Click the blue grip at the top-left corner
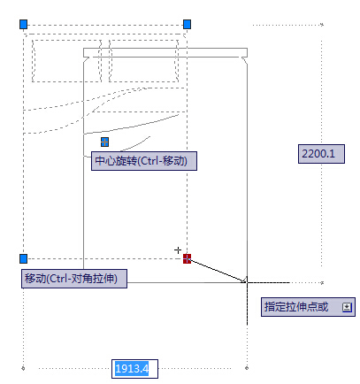point(24,25)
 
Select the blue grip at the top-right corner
point(187,25)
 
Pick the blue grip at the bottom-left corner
point(24,258)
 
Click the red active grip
point(187,258)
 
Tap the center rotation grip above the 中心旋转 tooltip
point(104,142)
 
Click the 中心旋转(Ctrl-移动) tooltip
point(145,161)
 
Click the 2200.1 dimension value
point(318,154)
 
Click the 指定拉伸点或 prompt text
point(296,307)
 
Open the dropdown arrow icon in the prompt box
point(347,307)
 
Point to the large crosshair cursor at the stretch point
point(247,281)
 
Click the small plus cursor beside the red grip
point(179,250)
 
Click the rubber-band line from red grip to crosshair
point(217,270)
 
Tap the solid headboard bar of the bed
point(164,53)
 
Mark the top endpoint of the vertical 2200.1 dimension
point(321,24)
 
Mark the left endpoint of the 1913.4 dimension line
point(24,367)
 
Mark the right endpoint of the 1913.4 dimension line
point(247,367)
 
